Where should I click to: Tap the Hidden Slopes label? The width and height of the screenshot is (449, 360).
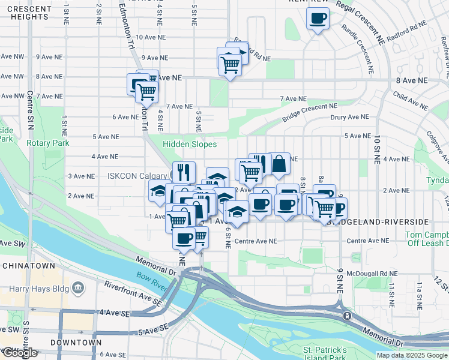190,144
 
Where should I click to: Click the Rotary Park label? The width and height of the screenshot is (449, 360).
47,143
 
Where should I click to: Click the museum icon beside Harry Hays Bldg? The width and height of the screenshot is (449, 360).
77,289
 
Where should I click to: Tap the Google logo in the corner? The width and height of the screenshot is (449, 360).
19,353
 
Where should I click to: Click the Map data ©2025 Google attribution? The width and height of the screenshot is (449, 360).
412,355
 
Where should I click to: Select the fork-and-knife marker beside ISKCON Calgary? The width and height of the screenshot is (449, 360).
184,172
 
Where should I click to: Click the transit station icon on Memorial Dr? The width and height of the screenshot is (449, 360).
346,315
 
